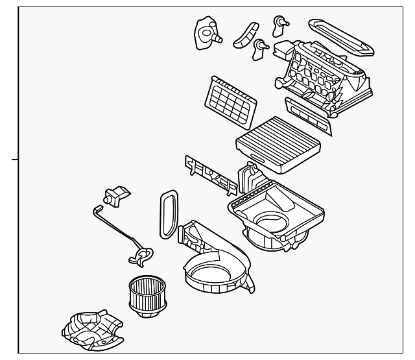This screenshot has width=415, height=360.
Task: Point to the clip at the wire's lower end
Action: [x=141, y=254]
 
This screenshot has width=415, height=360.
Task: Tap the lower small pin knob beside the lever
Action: [x=261, y=46]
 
